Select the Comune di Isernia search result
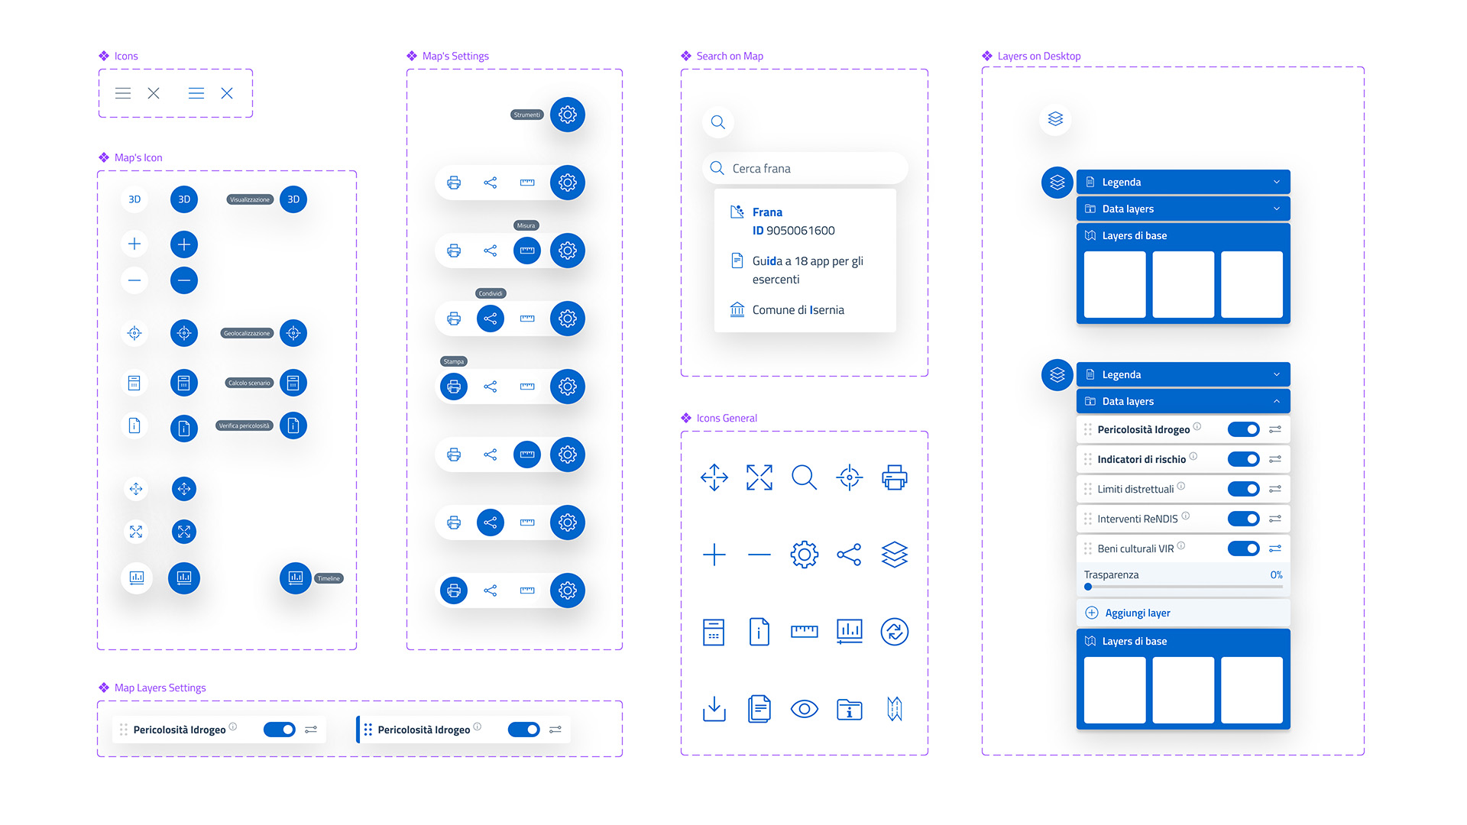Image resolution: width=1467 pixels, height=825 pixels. [798, 310]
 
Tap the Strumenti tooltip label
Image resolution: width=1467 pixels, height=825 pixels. [526, 115]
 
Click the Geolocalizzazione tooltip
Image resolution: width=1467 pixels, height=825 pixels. [247, 333]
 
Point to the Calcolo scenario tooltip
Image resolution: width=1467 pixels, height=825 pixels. [249, 383]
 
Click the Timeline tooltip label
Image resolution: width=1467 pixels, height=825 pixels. [329, 578]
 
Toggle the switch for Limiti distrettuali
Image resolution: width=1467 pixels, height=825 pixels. [1243, 489]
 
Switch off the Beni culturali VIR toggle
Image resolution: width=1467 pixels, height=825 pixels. [1243, 548]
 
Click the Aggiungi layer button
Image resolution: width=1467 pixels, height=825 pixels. [1137, 613]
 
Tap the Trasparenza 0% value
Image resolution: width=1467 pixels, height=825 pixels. [1276, 574]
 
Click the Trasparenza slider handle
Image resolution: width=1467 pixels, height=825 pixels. [1088, 587]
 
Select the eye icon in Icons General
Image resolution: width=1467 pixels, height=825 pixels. [804, 709]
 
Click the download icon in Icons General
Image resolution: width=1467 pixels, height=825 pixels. [714, 709]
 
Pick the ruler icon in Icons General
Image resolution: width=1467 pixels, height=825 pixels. [804, 631]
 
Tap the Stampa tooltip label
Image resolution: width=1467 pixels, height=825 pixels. [454, 361]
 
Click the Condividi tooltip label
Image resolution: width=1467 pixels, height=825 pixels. [491, 293]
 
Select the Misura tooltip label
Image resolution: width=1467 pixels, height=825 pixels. [526, 225]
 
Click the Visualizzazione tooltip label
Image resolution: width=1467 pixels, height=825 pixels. [250, 199]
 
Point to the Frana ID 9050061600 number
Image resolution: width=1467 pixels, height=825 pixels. [800, 231]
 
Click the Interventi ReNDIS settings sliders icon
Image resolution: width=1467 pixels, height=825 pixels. [1275, 519]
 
